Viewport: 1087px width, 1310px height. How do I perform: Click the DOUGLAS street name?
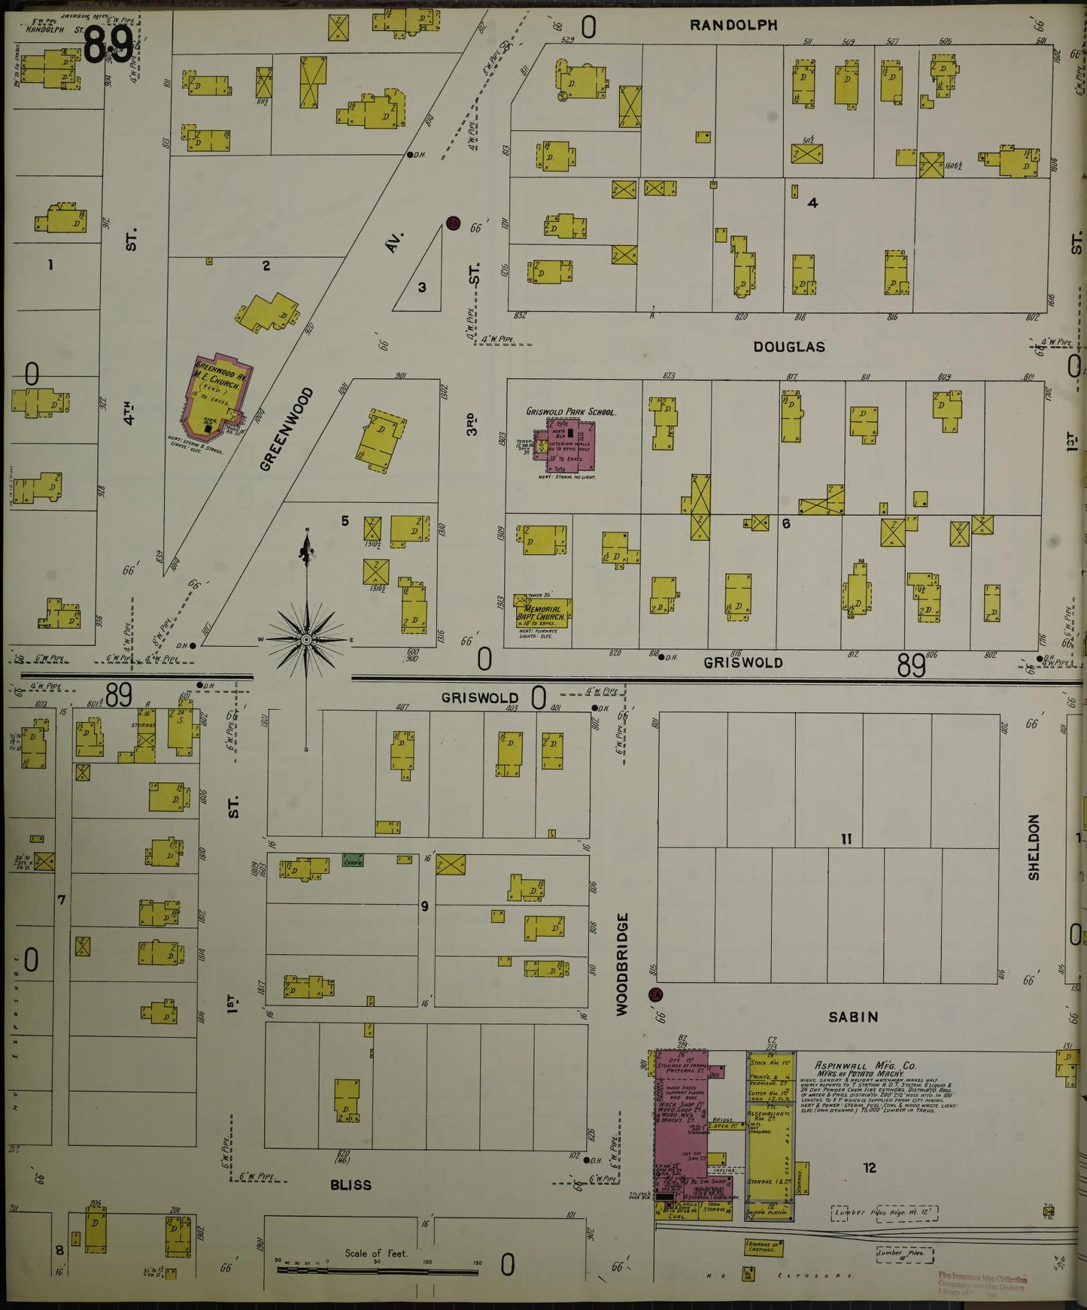click(789, 347)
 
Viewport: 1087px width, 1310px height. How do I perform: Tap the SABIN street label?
click(853, 1017)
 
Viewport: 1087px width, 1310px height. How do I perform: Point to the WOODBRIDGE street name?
click(621, 965)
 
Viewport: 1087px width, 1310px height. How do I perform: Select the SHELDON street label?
click(1033, 847)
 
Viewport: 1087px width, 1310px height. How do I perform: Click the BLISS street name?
click(351, 1184)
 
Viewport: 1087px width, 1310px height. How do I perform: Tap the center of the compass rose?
click(306, 640)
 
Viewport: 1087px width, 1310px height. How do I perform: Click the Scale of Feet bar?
click(377, 1271)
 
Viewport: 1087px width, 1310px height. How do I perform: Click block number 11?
click(846, 838)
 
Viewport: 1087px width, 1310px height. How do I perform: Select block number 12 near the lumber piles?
click(870, 1168)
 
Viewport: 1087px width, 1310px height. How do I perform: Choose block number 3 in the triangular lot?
click(422, 287)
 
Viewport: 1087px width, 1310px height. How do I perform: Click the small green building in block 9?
click(353, 860)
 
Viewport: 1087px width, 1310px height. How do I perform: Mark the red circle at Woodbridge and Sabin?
click(656, 995)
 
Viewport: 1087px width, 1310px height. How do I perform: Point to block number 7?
click(61, 899)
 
